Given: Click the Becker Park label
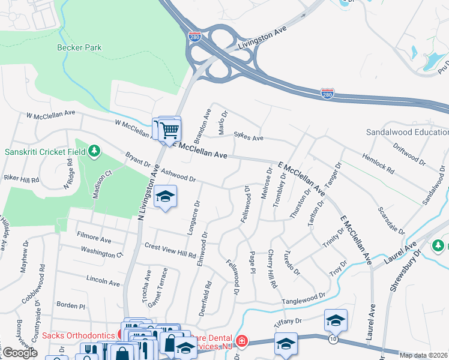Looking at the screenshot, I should click(x=79, y=47).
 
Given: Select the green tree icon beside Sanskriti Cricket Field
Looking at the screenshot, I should click(x=94, y=151).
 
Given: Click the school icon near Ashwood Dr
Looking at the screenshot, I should click(x=165, y=196).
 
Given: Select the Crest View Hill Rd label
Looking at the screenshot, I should click(x=170, y=251).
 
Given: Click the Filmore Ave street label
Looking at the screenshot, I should click(x=95, y=240).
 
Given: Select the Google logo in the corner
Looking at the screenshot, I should click(x=19, y=353).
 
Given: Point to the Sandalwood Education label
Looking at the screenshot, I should click(x=407, y=132).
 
